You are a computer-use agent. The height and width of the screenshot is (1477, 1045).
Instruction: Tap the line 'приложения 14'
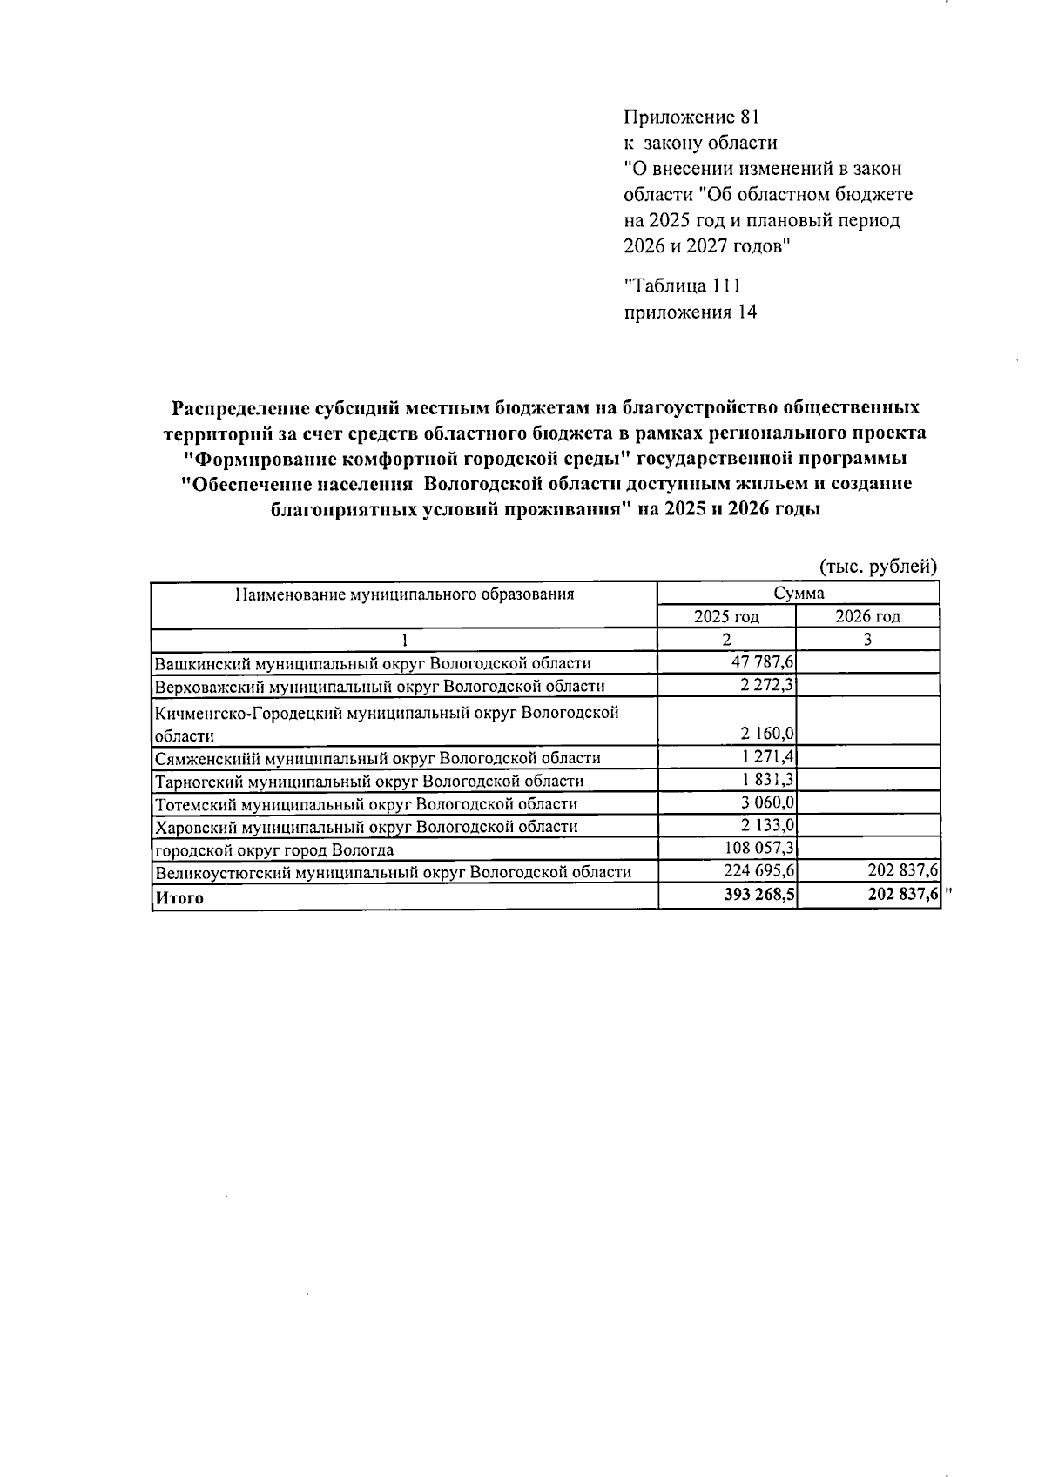691,312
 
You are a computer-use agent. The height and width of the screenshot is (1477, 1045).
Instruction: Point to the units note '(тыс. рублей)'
878,567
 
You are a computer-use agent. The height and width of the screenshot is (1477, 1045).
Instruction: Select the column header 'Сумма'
798,594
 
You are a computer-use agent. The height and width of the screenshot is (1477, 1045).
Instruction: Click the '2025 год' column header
726,617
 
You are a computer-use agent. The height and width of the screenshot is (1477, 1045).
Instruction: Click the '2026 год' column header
867,617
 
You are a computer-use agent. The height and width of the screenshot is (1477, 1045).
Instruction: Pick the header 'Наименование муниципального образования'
404,594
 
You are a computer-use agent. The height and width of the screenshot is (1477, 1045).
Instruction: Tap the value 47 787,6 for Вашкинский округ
762,663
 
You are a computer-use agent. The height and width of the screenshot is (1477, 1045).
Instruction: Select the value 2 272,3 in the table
766,686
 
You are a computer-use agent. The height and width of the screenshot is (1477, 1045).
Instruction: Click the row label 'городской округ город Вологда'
274,850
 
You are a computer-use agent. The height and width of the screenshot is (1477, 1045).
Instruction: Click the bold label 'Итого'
179,898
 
